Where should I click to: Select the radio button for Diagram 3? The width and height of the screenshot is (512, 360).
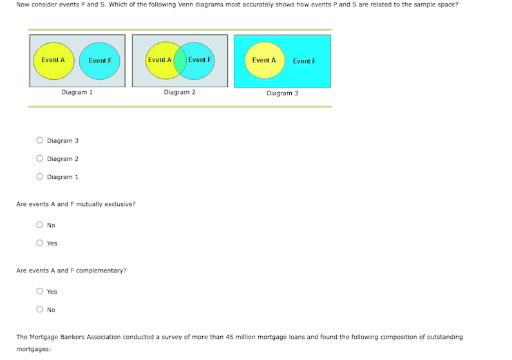(x=39, y=140)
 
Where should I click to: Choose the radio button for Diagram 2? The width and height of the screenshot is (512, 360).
(x=39, y=158)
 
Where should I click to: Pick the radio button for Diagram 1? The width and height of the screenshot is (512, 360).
(x=39, y=176)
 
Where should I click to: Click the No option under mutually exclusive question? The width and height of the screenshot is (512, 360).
(x=39, y=225)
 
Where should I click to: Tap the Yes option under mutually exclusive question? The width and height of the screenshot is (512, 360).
(x=39, y=243)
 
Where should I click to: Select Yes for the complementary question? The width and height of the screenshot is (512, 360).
(x=39, y=291)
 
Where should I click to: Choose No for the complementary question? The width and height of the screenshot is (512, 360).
(x=39, y=309)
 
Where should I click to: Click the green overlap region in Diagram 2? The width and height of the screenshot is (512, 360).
(x=180, y=61)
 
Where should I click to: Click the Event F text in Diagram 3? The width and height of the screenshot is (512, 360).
(x=304, y=61)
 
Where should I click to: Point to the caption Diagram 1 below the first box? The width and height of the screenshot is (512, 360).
(x=77, y=92)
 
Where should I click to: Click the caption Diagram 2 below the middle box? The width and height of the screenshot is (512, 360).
(x=180, y=92)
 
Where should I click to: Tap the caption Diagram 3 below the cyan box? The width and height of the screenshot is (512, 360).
(x=282, y=93)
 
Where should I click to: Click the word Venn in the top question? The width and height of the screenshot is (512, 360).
(x=185, y=5)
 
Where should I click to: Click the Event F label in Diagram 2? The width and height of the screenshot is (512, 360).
(x=200, y=60)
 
